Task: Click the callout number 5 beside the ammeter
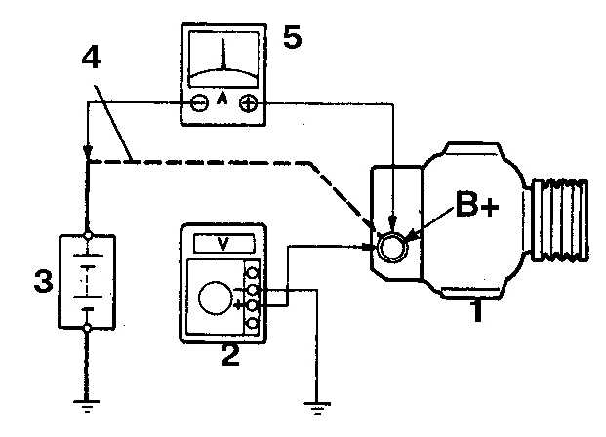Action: [x=292, y=37]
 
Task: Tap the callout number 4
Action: [x=91, y=59]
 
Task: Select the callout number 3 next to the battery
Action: [x=43, y=281]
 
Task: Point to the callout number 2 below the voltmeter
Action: [x=230, y=355]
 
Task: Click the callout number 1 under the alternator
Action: [x=477, y=310]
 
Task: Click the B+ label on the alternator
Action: [x=477, y=204]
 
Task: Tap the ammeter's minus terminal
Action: [x=199, y=103]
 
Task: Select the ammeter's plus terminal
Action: [x=249, y=103]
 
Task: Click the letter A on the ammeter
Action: [x=222, y=99]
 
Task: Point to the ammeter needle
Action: [x=222, y=55]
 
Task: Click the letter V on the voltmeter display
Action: [x=223, y=244]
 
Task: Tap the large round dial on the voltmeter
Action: [x=216, y=298]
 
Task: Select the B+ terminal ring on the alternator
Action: [x=392, y=248]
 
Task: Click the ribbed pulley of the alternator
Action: [x=560, y=219]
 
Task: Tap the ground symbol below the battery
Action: [x=87, y=406]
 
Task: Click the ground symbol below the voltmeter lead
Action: [x=317, y=408]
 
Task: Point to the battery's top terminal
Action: [x=88, y=235]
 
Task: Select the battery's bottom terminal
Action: [x=88, y=328]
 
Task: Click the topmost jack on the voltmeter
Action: [x=253, y=273]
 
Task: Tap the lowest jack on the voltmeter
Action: [x=253, y=323]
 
